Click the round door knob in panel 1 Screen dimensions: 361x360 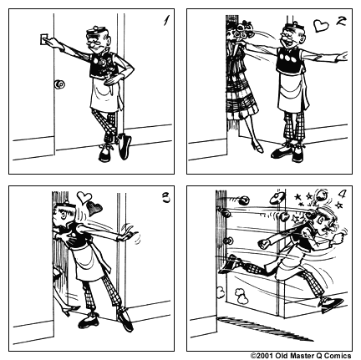[59, 84]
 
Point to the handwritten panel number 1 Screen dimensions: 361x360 [166, 20]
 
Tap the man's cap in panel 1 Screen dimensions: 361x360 [96, 30]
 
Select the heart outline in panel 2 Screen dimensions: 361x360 [321, 25]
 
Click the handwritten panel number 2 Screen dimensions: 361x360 [340, 21]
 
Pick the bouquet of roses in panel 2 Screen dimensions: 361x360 [242, 31]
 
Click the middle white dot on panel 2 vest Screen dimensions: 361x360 [289, 58]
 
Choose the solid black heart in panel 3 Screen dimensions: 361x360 [94, 208]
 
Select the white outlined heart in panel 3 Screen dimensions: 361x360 [84, 197]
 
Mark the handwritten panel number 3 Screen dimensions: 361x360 [166, 198]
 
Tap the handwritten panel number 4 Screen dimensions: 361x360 [342, 194]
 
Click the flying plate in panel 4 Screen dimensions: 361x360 [277, 197]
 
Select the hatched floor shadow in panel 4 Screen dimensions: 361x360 [265, 328]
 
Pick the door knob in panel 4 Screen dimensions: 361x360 [228, 241]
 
